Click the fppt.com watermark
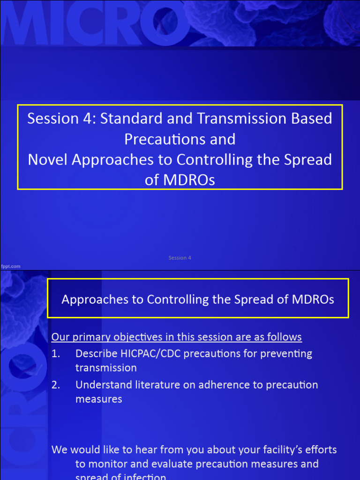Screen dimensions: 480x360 [10, 266]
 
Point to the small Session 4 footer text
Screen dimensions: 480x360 [180, 258]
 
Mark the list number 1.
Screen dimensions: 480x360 [56, 353]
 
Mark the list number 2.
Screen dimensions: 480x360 [56, 385]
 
